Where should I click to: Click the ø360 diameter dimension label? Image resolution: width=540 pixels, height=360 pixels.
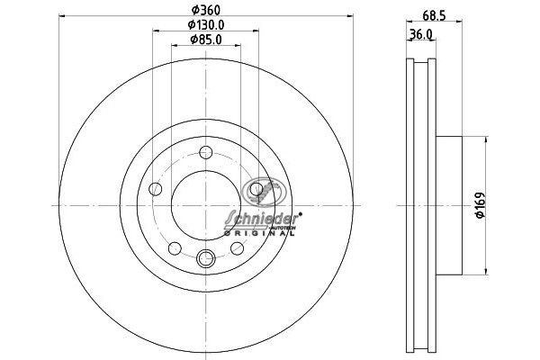(x=206, y=10)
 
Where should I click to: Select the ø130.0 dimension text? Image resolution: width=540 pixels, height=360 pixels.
(x=206, y=25)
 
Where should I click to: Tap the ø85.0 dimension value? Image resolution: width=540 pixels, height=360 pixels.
(x=206, y=40)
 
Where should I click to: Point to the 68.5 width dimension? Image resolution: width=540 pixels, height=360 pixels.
(x=434, y=15)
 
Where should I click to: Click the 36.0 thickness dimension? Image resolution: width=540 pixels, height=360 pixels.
(x=420, y=34)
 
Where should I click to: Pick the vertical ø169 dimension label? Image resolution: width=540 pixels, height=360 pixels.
(x=480, y=205)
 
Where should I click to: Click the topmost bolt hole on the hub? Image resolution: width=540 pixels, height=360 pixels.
(x=206, y=152)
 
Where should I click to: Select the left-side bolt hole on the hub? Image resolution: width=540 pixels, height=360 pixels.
(x=156, y=189)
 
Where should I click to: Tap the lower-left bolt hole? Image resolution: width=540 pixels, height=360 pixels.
(x=175, y=248)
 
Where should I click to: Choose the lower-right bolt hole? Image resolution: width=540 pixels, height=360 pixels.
(x=238, y=248)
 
